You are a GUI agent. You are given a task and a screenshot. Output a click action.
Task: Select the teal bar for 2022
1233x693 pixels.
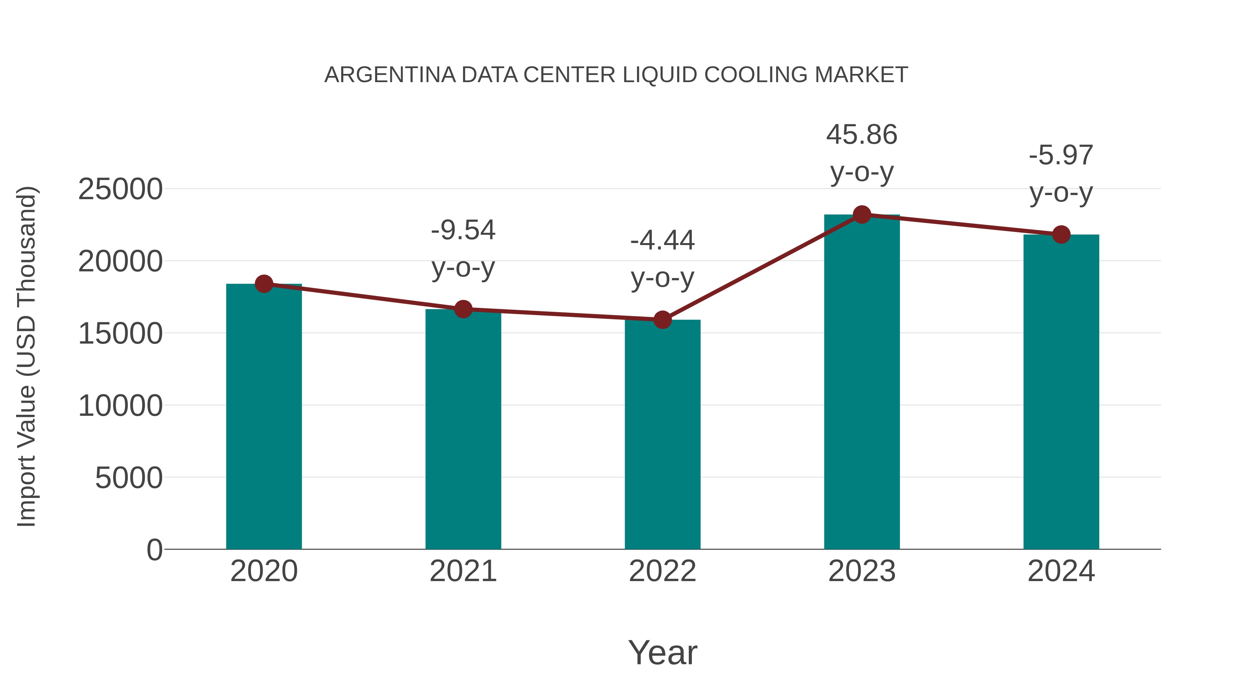coord(662,435)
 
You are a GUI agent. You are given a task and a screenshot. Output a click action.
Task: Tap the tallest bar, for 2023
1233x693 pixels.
coord(862,383)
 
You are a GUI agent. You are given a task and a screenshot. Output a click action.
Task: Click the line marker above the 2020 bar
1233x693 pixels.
coord(264,284)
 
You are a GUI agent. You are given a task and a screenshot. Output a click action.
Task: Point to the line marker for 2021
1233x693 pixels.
coord(463,309)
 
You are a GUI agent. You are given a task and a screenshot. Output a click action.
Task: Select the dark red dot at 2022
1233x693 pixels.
coord(662,320)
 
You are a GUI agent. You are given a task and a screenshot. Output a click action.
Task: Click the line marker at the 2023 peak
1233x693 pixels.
coord(862,215)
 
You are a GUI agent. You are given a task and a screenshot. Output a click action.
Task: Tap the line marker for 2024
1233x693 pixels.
coord(1061,234)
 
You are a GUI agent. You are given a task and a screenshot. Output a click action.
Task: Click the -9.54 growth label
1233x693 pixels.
coord(463,230)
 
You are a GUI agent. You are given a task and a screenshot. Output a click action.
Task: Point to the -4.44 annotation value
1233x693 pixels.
coord(662,240)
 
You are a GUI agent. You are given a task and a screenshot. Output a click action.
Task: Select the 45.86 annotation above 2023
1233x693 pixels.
coord(862,134)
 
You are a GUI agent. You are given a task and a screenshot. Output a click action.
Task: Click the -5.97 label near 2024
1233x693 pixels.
coord(1061,155)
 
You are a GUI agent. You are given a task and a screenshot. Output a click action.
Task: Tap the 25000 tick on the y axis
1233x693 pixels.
coord(120,189)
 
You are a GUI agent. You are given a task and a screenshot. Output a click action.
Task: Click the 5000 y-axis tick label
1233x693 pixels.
coord(128,477)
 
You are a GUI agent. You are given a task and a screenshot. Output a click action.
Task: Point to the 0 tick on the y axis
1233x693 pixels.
coord(154,550)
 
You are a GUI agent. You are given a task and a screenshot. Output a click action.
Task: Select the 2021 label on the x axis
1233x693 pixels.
coord(463,571)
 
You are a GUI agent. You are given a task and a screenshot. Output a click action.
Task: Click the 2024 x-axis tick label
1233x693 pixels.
coord(1061,571)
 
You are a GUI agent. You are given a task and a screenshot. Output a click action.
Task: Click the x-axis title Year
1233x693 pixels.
coord(662,652)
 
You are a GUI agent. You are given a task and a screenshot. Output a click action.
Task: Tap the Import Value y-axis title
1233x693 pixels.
coord(26,356)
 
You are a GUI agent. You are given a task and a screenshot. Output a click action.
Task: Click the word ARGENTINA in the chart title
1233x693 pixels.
coord(390,75)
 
